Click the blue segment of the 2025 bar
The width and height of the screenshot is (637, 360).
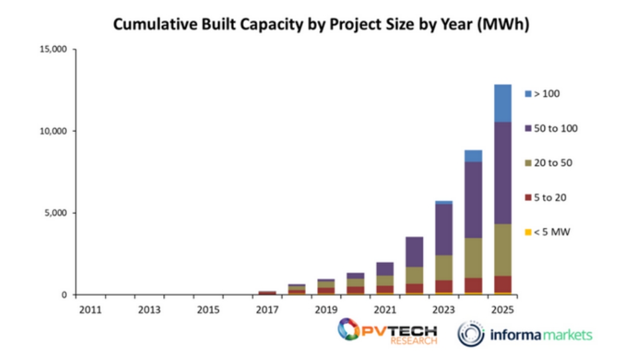click(x=502, y=103)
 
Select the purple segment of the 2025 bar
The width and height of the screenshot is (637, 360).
click(x=502, y=173)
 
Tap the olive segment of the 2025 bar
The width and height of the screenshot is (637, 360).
click(x=502, y=249)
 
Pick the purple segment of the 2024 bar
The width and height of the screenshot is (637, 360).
click(x=473, y=200)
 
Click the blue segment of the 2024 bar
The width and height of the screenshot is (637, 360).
click(x=473, y=156)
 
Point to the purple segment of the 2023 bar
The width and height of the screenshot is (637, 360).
click(x=444, y=230)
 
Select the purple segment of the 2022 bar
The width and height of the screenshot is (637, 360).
click(x=414, y=252)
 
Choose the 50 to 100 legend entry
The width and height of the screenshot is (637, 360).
click(x=551, y=128)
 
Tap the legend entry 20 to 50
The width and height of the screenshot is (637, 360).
click(x=549, y=163)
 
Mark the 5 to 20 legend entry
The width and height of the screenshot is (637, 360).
click(x=546, y=197)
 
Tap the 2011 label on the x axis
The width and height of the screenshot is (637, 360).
click(x=90, y=310)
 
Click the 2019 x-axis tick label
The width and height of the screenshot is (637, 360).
click(x=326, y=310)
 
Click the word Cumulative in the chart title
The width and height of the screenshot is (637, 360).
click(x=149, y=25)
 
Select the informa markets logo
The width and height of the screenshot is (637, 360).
click(x=525, y=334)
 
